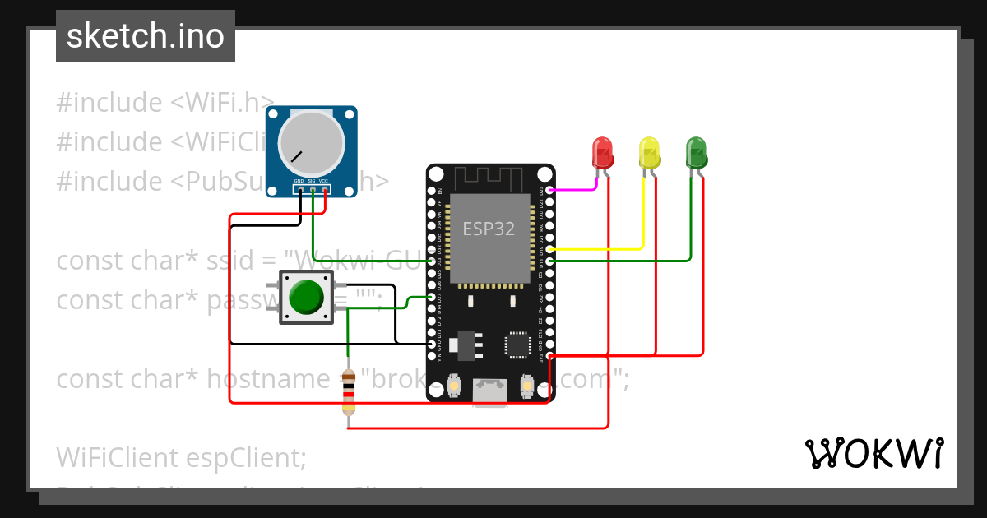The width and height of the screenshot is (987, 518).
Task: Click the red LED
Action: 602,153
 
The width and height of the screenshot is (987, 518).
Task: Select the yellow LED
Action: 649,153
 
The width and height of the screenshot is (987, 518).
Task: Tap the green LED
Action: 696,153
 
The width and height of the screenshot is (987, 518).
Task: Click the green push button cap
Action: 307,297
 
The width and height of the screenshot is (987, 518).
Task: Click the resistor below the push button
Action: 349,392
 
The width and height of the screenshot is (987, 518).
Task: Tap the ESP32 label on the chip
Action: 489,229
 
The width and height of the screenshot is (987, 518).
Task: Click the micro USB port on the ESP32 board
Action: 490,392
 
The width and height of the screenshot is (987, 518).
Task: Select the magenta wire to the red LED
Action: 572,189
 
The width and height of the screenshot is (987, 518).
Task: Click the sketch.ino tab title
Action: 146,36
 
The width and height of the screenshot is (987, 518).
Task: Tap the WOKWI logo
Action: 873,454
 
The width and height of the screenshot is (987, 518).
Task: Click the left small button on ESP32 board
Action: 453,385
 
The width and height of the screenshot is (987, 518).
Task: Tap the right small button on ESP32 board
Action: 527,385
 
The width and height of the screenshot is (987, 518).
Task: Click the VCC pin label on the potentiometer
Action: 324,180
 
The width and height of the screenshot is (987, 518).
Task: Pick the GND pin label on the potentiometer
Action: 299,180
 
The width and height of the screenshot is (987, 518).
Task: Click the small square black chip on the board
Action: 518,344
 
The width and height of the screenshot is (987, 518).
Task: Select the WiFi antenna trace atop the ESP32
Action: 489,176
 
